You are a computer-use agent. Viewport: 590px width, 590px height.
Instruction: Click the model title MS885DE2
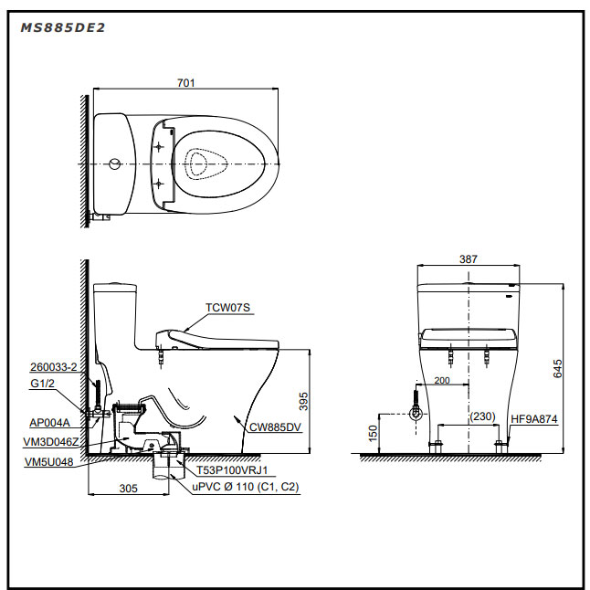point(63,27)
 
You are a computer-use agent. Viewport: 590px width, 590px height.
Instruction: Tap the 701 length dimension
point(186,83)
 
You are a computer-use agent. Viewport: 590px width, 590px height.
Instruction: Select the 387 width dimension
point(469,258)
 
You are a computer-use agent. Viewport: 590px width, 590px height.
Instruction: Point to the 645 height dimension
point(558,368)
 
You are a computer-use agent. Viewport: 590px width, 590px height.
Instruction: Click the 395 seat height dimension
point(303,401)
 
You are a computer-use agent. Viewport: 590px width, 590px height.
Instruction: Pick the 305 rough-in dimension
point(128,488)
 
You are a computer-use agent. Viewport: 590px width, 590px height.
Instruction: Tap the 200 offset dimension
point(442,381)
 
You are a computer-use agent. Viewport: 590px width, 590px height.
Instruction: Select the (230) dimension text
point(482,416)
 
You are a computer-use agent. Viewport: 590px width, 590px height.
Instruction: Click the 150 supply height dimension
point(373,434)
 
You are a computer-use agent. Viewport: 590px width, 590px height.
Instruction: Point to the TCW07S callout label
point(227,308)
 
